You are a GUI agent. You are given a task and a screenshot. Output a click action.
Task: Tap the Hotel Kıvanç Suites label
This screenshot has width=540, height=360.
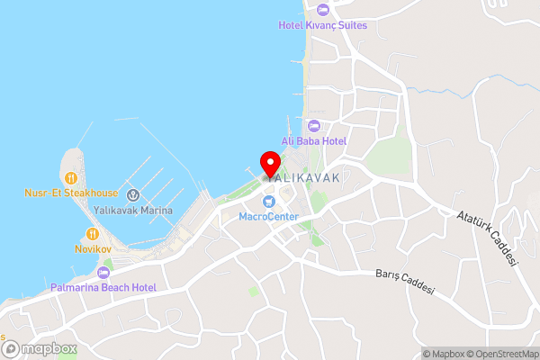coord(322,25)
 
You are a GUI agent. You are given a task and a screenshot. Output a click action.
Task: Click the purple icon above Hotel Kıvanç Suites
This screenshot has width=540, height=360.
coord(322,10)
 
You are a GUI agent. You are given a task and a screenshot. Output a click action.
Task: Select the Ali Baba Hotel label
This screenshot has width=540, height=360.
coord(314,140)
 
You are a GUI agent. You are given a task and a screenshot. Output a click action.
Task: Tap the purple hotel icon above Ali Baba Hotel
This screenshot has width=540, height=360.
coord(314,125)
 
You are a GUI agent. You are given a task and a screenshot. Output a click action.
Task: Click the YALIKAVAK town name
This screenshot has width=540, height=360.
coord(302,178)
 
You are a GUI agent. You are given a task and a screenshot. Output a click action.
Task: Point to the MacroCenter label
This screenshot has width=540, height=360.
coord(268,215)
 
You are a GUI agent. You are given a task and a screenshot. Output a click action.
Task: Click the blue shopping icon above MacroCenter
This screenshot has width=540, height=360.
coord(268,200)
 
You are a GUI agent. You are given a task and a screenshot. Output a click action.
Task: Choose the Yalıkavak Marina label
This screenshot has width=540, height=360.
coord(132,210)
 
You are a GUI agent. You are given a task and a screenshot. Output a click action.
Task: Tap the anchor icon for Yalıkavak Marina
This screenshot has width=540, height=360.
coord(132,194)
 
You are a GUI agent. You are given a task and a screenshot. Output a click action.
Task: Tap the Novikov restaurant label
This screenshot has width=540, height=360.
coord(91,247)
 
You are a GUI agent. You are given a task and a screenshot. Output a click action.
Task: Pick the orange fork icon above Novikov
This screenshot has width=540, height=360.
coord(91,231)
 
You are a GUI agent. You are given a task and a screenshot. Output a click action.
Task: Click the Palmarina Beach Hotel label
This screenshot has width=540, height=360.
coord(103,287)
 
